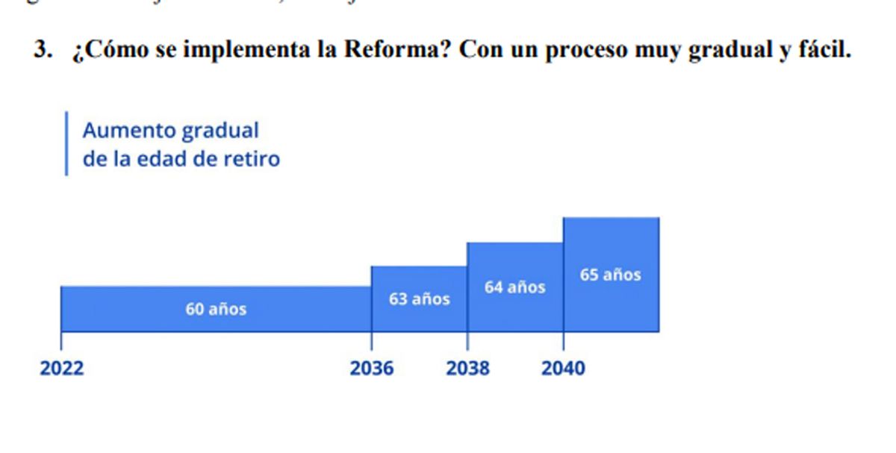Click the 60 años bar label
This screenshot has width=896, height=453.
pyautogui.click(x=216, y=309)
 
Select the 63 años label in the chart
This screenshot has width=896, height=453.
pyautogui.click(x=419, y=299)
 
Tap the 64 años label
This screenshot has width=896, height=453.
pyautogui.click(x=514, y=287)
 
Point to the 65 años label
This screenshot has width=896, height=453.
pyautogui.click(x=610, y=275)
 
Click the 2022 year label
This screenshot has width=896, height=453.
pyautogui.click(x=62, y=369)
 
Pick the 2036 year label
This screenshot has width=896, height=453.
pyautogui.click(x=372, y=369)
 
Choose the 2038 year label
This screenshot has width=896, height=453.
pyautogui.click(x=468, y=369)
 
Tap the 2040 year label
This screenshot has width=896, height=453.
pyautogui.click(x=564, y=369)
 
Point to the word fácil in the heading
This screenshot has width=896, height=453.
pyautogui.click(x=824, y=50)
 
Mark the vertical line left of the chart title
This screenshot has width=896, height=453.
pyautogui.click(x=66, y=144)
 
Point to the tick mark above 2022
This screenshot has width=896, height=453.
pyautogui.click(x=61, y=341)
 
